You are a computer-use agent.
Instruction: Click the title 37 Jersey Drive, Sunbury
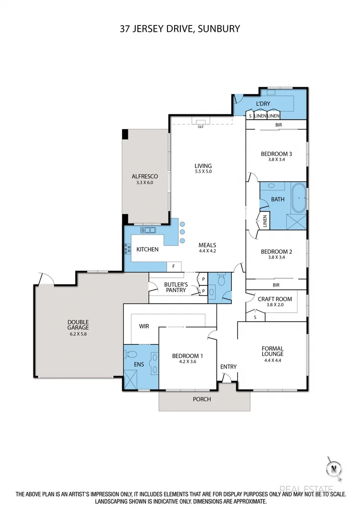tap(180, 29)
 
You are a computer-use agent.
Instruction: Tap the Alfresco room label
tap(145, 177)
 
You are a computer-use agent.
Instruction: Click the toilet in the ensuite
tap(131, 355)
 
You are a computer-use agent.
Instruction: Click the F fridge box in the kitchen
tap(174, 266)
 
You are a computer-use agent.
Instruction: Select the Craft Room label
tap(275, 299)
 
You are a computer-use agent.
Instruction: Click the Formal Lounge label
tap(273, 351)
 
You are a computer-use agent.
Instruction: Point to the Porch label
tap(202, 399)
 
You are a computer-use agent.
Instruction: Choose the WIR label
tap(144, 326)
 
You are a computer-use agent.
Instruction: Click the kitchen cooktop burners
tap(128, 249)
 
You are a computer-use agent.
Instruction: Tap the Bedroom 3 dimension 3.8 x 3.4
tap(276, 160)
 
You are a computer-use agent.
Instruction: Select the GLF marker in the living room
tap(200, 127)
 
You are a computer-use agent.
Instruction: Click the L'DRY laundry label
tap(263, 104)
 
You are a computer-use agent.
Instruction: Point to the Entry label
tap(228, 367)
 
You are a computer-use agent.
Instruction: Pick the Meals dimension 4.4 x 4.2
tap(207, 250)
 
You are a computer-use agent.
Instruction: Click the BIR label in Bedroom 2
tap(276, 285)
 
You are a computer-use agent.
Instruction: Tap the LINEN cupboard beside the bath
tap(264, 221)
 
